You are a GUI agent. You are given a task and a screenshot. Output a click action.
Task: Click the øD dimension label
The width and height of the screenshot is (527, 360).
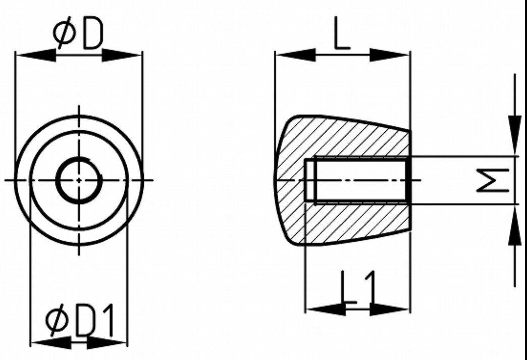click(78, 34)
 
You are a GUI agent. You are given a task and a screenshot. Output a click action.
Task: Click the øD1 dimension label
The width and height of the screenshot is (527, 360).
click(80, 321)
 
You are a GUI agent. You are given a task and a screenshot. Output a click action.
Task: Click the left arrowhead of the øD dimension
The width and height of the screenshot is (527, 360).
click(35, 55)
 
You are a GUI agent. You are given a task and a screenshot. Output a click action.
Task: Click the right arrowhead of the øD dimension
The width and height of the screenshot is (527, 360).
click(122, 55)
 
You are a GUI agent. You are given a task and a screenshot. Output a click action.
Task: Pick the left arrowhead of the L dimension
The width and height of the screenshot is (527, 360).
click(295, 55)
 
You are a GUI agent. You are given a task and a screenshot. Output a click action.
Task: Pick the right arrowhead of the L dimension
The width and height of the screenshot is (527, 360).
click(389, 55)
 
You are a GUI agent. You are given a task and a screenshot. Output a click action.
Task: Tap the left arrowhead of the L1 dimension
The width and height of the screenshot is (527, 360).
click(326, 308)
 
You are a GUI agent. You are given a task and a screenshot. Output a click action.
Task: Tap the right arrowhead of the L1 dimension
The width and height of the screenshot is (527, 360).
click(390, 308)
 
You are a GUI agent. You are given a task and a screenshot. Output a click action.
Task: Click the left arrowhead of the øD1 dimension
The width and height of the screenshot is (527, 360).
click(51, 343)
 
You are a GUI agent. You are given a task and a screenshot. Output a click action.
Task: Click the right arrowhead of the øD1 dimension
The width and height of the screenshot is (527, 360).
click(107, 343)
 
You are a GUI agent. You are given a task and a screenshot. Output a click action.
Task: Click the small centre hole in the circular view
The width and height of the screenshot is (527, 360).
click(79, 180)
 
